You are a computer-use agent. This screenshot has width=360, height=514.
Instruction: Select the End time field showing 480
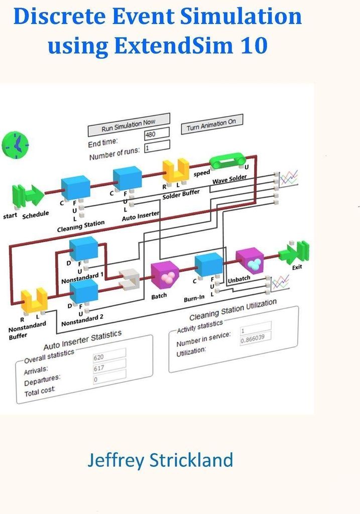156,134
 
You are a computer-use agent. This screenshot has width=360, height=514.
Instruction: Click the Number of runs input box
156,147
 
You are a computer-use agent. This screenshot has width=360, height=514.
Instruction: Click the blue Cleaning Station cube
76,187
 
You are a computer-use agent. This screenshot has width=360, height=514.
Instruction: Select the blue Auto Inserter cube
127,178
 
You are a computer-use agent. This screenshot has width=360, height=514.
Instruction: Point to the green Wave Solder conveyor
227,161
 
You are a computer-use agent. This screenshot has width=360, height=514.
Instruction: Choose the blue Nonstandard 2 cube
83,291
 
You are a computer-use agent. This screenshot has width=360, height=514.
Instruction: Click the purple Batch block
165,275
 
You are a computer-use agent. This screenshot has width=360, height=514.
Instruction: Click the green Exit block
294,251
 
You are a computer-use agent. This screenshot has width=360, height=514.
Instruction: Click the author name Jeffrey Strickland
160,460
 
